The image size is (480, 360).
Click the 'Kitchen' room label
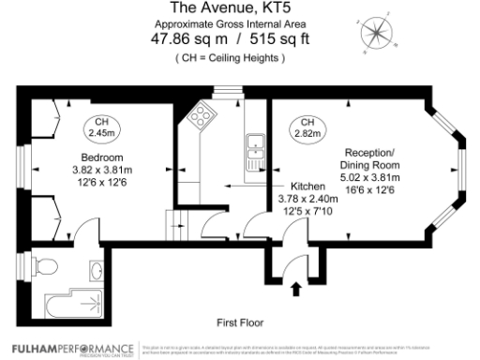coord(307,186)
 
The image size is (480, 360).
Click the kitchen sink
coord(254,145)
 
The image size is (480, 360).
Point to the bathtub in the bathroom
coord(70,302)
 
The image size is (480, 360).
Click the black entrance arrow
coord(297,288)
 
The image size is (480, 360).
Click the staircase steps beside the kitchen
coord(178,226)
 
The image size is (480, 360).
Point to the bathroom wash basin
coord(99,272)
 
